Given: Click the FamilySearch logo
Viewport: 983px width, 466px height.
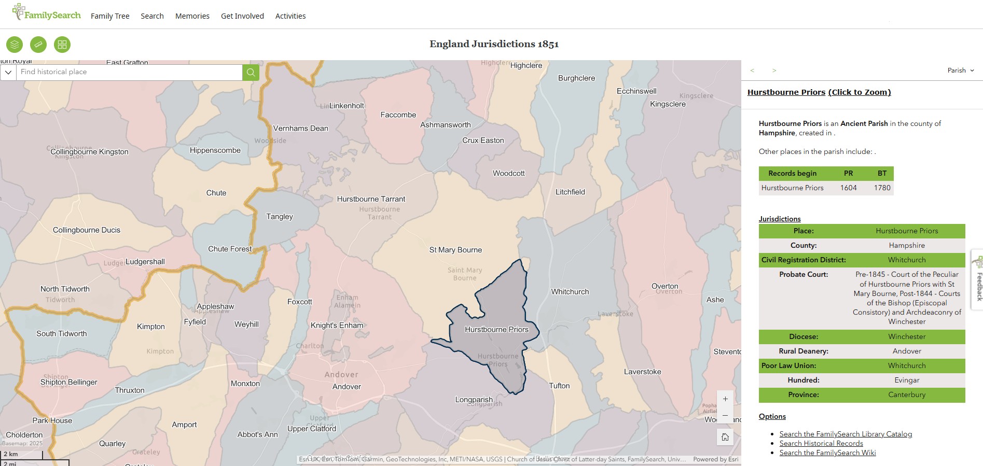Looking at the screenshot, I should [47, 13].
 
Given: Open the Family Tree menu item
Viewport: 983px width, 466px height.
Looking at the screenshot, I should [110, 16].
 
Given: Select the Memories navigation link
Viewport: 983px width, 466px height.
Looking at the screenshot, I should [192, 16].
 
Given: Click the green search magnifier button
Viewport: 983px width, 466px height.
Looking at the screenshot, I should [251, 72].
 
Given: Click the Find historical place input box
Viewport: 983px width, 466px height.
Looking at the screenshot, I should [130, 72].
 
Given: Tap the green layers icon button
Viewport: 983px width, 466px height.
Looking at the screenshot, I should [15, 45].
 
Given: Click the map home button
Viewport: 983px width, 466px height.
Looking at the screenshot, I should [725, 437].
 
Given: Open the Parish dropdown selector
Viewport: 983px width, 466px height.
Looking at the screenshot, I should [960, 70].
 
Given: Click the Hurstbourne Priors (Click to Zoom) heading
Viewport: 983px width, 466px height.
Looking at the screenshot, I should [819, 92].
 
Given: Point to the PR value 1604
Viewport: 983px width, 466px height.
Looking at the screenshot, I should [848, 188].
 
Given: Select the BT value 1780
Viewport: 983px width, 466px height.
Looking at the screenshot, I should [882, 188].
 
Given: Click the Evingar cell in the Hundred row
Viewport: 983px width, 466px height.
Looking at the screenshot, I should [906, 380].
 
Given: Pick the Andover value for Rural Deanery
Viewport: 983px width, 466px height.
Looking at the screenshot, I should [906, 351].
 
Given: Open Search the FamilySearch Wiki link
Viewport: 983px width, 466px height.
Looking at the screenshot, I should [827, 453].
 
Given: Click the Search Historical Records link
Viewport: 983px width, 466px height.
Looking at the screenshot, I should [821, 443].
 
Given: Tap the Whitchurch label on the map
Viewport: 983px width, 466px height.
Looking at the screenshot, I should [570, 292].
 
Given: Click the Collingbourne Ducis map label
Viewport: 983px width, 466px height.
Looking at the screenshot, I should [87, 230].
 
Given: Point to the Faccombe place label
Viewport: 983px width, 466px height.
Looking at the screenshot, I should [398, 115].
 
